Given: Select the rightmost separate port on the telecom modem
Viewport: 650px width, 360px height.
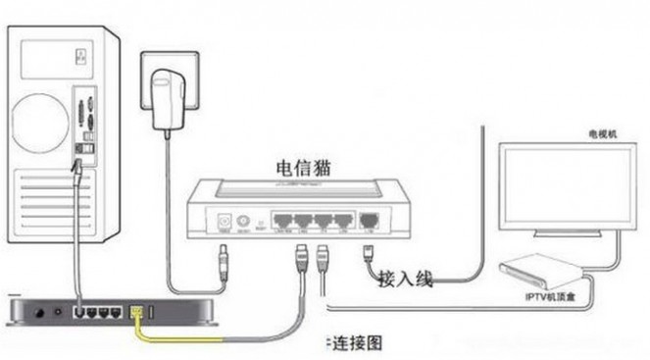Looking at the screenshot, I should point(370,222).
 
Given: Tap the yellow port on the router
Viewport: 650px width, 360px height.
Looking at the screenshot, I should point(137,313).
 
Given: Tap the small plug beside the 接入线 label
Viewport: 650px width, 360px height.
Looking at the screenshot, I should point(369,253).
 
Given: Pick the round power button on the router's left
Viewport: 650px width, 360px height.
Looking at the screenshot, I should point(39,314).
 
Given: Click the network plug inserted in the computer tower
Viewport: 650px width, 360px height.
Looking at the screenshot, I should point(76,170).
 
